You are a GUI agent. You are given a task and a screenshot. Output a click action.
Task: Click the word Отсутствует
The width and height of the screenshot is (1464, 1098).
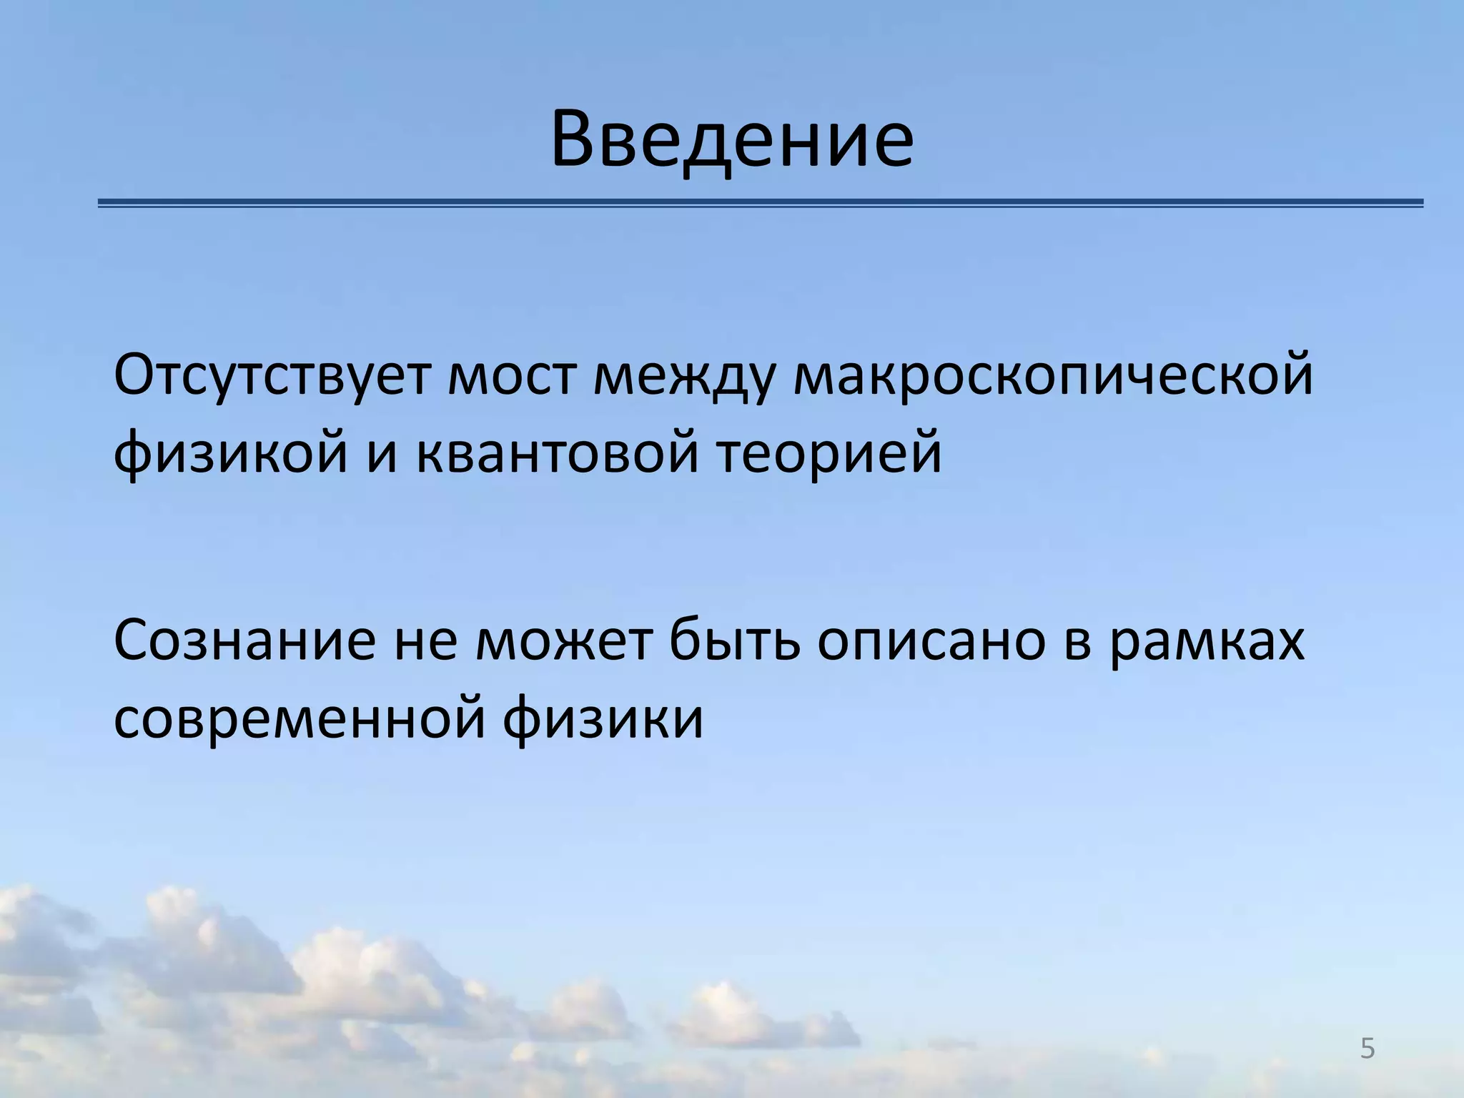tap(272, 375)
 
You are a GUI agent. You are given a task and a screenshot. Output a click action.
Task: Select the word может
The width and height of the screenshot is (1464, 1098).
tap(565, 640)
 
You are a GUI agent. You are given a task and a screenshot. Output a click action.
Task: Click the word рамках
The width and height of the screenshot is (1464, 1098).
tap(1208, 640)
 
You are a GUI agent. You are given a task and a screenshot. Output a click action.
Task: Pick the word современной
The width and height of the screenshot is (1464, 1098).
tap(300, 718)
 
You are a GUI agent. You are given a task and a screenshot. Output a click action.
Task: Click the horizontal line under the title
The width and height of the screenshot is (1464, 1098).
tap(761, 204)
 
